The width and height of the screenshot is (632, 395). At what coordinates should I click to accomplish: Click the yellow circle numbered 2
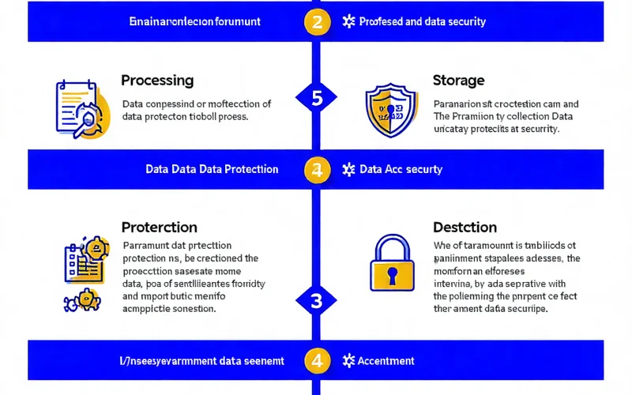point(317,22)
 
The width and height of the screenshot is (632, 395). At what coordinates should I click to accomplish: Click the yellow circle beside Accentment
point(317,361)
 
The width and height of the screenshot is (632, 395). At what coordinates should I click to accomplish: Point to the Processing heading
point(157,81)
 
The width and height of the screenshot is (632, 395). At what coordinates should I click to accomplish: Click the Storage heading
point(459,81)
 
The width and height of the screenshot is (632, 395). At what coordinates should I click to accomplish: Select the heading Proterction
point(160,228)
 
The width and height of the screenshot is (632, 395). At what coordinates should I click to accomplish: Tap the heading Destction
point(465,228)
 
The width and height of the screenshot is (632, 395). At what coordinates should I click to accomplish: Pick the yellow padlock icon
point(393,266)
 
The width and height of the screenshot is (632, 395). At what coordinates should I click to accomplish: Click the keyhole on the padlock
point(393,275)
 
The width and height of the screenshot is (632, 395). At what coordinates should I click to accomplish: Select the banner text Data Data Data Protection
point(212,169)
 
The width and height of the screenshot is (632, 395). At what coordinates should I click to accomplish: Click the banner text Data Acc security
point(401,169)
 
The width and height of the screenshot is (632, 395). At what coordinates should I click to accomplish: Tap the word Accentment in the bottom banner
point(386,361)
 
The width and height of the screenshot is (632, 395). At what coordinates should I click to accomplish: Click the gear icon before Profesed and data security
point(348,22)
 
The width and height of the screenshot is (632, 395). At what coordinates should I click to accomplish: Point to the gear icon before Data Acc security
point(348,169)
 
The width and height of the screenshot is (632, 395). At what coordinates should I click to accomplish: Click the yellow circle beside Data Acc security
point(317,169)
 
